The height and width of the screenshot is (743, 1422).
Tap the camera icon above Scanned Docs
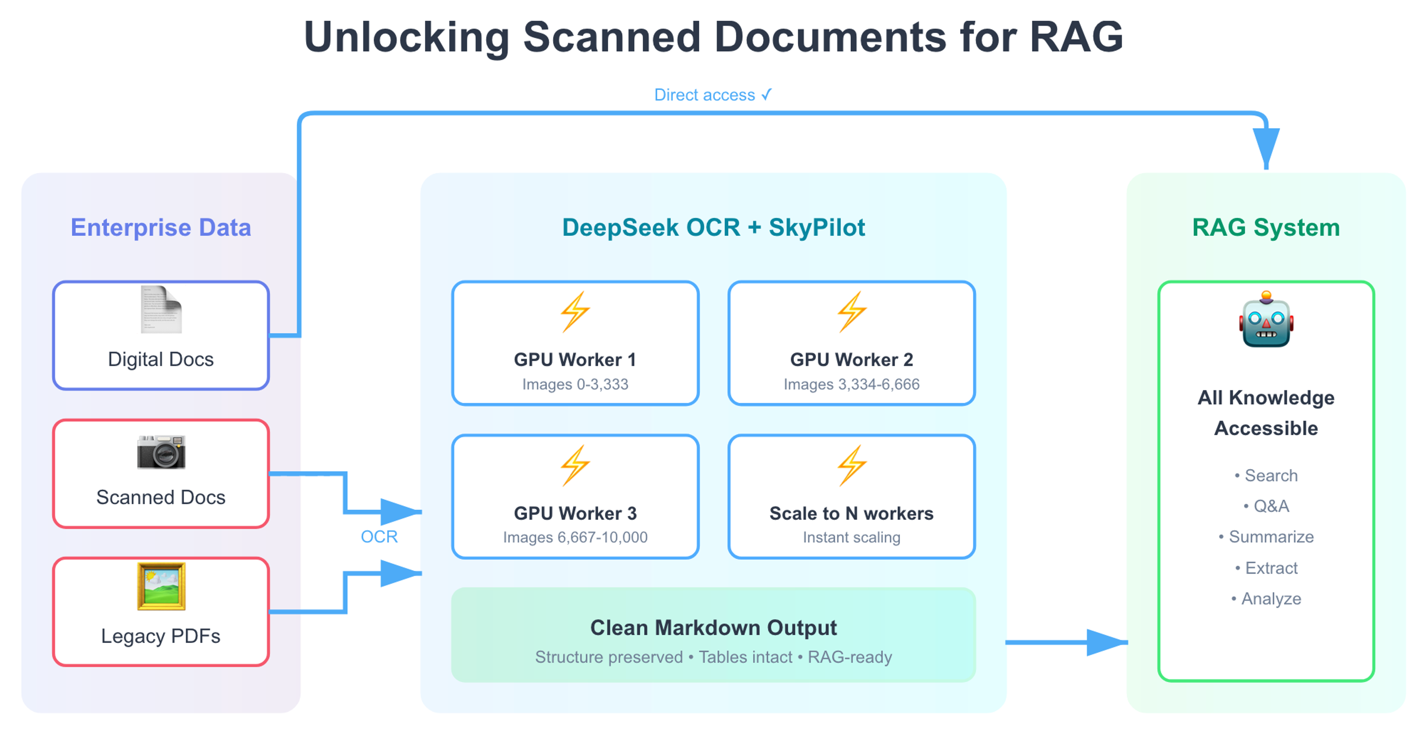click(x=161, y=452)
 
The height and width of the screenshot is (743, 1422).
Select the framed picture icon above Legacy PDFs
click(x=161, y=586)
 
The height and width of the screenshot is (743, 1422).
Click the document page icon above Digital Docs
click(x=161, y=310)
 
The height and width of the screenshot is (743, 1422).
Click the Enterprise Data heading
click(x=161, y=227)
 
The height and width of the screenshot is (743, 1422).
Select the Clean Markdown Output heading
click(x=713, y=628)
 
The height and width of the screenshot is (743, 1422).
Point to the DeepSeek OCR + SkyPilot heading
click(x=713, y=227)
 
